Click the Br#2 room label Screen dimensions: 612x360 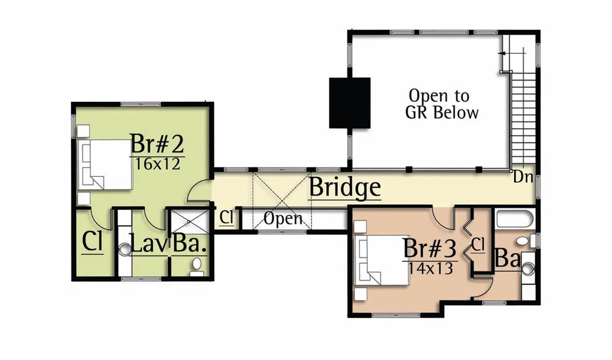pyautogui.click(x=157, y=143)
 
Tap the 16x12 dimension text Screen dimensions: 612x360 pyautogui.click(x=157, y=164)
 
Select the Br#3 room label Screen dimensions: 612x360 pyautogui.click(x=430, y=248)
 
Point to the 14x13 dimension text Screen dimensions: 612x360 pyautogui.click(x=430, y=268)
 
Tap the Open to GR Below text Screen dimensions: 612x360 pyautogui.click(x=442, y=104)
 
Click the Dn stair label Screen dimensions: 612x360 pyautogui.click(x=523, y=177)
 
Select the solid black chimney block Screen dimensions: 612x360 pyautogui.click(x=350, y=103)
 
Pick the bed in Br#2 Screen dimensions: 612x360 pyautogui.click(x=106, y=164)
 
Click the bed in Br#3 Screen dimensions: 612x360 pyautogui.click(x=382, y=260)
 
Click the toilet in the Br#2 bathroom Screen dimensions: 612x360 pyautogui.click(x=197, y=266)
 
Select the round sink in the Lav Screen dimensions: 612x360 pyautogui.click(x=125, y=249)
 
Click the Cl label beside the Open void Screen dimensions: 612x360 pyautogui.click(x=227, y=217)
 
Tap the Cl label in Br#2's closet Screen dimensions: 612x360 pyautogui.click(x=93, y=242)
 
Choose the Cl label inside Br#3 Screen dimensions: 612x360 pyautogui.click(x=478, y=245)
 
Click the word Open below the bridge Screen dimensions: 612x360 pyautogui.click(x=283, y=219)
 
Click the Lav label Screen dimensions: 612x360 pyautogui.click(x=149, y=244)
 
